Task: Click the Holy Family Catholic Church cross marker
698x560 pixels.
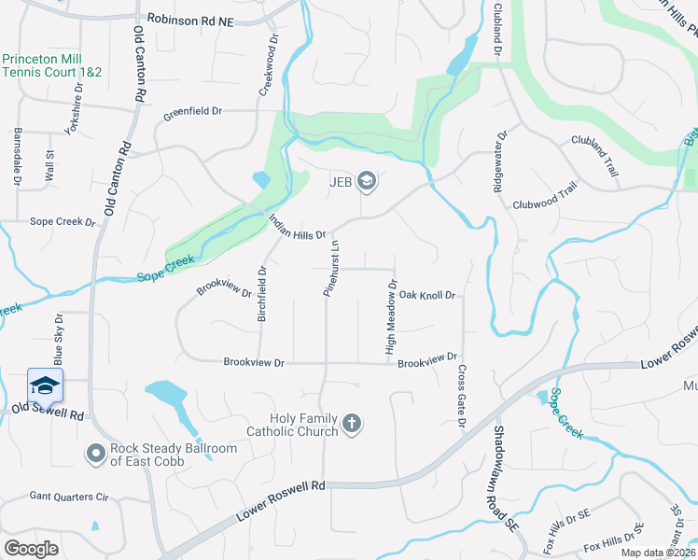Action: click(x=352, y=424)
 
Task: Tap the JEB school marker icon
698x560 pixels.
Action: click(x=367, y=180)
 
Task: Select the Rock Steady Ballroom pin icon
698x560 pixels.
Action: click(x=94, y=455)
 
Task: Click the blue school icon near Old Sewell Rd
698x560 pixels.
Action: click(x=45, y=385)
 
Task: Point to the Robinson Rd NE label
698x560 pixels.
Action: click(x=190, y=19)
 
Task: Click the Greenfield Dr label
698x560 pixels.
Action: click(x=193, y=112)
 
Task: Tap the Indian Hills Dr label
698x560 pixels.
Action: click(x=297, y=228)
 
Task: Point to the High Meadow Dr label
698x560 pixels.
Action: click(x=392, y=317)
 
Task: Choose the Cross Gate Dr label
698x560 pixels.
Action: click(x=462, y=396)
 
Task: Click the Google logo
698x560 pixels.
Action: click(x=31, y=548)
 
